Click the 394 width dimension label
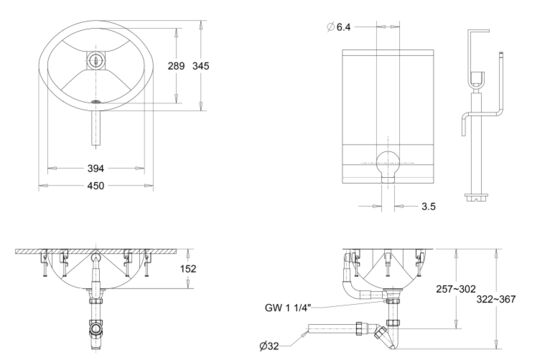96,168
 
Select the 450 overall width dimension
96,185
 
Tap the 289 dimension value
176,66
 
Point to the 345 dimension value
201,66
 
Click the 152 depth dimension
188,269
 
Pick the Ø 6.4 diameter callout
338,27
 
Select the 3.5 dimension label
428,206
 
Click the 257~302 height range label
456,289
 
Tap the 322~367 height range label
496,299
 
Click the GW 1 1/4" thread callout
288,308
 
